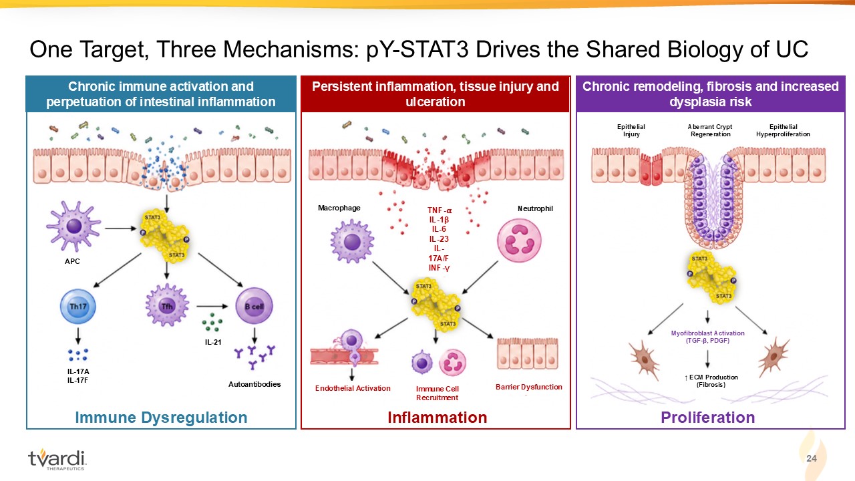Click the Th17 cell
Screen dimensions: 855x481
[78, 307]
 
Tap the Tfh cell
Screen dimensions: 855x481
[167, 305]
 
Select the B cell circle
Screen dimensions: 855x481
[254, 306]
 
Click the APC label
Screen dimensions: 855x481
[72, 261]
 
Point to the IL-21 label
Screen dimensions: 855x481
[213, 343]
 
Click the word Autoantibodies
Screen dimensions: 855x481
[254, 384]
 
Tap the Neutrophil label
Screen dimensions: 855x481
[535, 209]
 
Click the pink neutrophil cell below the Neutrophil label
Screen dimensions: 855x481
[519, 240]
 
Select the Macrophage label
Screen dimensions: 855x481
[339, 208]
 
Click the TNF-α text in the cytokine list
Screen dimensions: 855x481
[440, 210]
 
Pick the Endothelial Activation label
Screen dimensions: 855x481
[353, 388]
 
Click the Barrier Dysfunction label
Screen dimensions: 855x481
[528, 387]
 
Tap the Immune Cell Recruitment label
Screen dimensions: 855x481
[438, 393]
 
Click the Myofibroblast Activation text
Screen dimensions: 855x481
[707, 333]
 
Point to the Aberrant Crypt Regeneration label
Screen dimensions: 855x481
[710, 130]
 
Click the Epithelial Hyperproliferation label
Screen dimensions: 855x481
[783, 130]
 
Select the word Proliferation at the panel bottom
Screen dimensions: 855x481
[707, 418]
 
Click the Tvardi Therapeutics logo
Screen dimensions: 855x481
[57, 459]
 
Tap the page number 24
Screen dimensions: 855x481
[812, 458]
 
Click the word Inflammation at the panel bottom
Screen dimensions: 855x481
[438, 418]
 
